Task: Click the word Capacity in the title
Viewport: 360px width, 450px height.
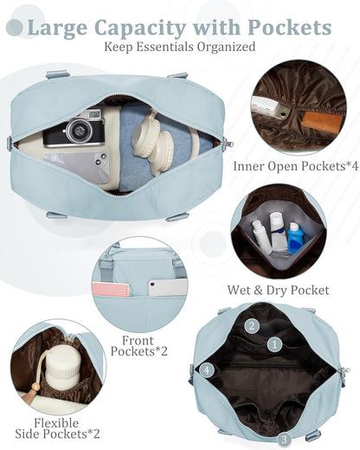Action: click(x=139, y=29)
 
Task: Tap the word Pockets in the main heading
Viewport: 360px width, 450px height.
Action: click(x=289, y=28)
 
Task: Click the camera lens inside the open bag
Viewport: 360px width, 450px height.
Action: click(x=79, y=131)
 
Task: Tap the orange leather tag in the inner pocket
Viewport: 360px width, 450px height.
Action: click(x=322, y=122)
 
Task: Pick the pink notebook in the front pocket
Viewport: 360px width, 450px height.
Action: click(x=112, y=290)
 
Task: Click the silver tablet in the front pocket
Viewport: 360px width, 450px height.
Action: click(x=168, y=287)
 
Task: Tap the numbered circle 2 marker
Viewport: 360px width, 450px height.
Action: click(x=252, y=326)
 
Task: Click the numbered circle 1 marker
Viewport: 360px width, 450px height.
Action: click(x=274, y=344)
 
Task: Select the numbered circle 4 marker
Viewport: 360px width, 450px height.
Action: click(x=207, y=370)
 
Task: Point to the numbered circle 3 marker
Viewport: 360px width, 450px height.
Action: click(x=284, y=440)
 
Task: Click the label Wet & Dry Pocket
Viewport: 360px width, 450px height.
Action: click(x=278, y=290)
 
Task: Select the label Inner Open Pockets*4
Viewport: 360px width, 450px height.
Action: click(x=296, y=166)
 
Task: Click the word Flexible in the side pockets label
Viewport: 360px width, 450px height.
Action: click(x=56, y=423)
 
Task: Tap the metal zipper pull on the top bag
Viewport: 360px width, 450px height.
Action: click(x=228, y=143)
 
